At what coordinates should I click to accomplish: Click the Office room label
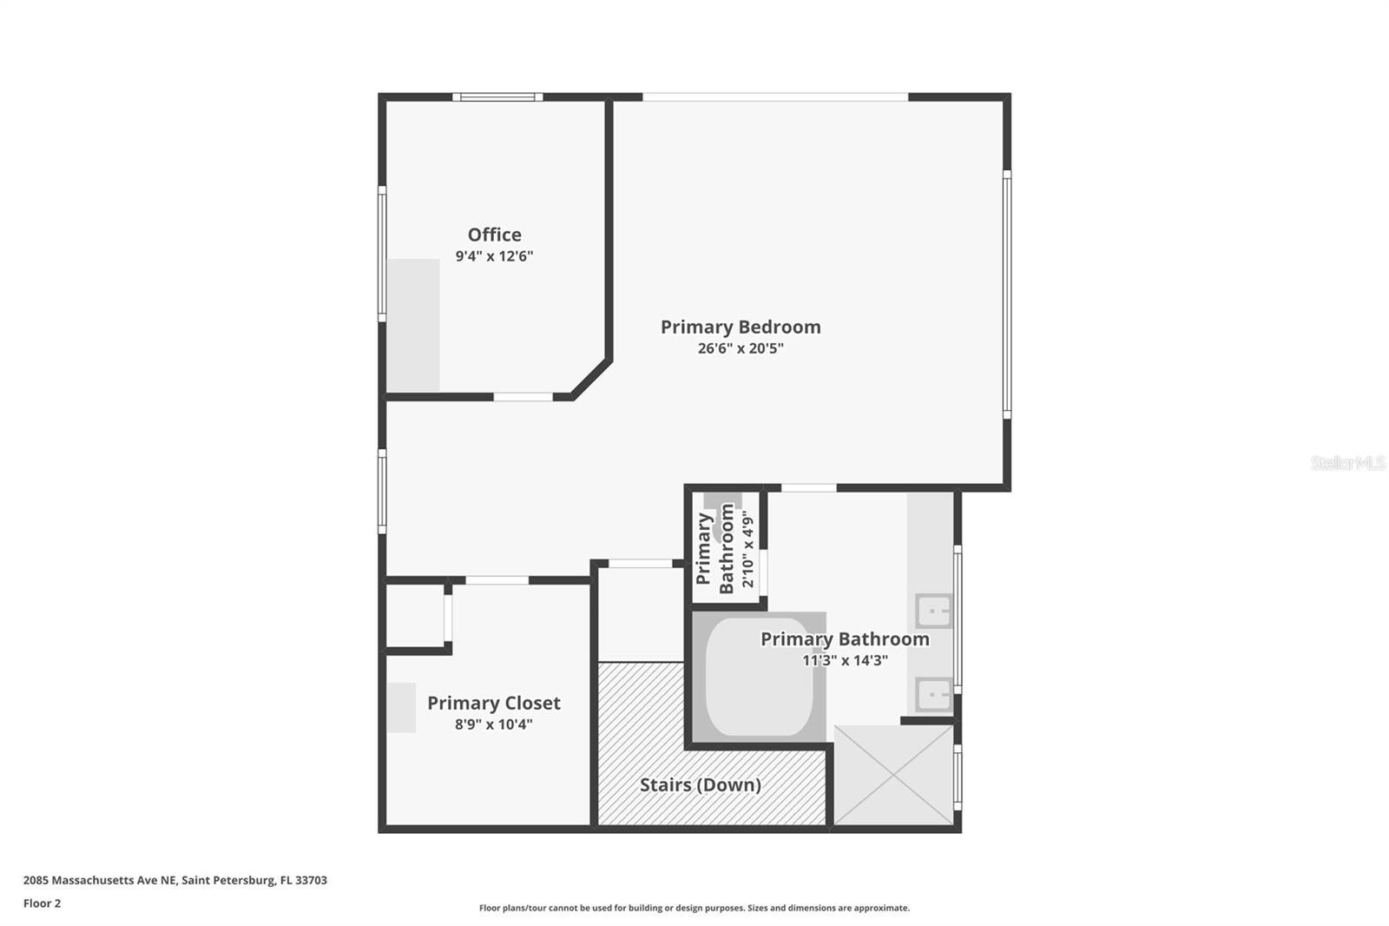tap(494, 235)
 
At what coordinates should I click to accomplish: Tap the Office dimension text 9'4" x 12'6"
tap(494, 256)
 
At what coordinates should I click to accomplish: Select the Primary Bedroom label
tap(741, 327)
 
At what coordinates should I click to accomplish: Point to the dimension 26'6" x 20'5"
tap(741, 348)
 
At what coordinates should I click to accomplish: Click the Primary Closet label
tap(493, 703)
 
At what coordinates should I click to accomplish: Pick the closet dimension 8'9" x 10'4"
tap(493, 724)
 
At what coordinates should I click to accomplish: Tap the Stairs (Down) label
tap(700, 784)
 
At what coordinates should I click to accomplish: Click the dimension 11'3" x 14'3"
tap(845, 660)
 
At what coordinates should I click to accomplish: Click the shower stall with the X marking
tap(893, 775)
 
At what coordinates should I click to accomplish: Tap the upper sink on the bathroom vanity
tap(934, 611)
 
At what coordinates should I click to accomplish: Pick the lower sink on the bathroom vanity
tap(934, 695)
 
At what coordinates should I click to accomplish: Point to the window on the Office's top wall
tap(497, 96)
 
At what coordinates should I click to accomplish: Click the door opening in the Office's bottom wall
tap(523, 397)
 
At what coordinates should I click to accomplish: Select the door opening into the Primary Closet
tap(497, 579)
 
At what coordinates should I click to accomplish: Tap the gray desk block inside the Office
tap(413, 325)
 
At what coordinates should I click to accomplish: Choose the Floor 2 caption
tap(42, 903)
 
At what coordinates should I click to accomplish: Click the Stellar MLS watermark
tap(1347, 463)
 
